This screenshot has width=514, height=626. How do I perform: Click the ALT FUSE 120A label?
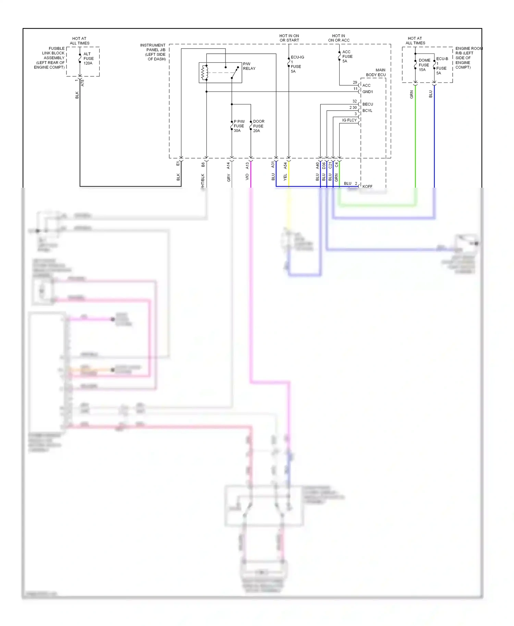(x=88, y=59)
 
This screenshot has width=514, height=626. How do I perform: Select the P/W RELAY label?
(x=249, y=66)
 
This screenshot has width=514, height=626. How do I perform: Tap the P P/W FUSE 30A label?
(x=239, y=126)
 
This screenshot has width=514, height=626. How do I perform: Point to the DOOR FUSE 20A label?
(x=258, y=126)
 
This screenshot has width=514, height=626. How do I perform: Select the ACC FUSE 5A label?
(x=347, y=57)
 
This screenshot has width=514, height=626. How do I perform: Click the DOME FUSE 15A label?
(x=424, y=65)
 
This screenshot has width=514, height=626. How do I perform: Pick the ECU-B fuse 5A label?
(x=441, y=66)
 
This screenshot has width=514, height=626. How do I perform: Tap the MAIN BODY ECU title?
(x=376, y=72)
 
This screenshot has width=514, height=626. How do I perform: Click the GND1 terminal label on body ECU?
(x=367, y=92)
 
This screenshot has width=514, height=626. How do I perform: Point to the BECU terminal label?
(x=368, y=104)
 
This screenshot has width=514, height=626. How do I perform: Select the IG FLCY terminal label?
(x=349, y=120)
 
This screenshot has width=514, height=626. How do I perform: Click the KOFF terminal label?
(x=367, y=186)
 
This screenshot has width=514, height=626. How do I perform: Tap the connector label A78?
(x=82, y=83)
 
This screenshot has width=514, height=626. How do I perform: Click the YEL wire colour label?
(x=285, y=177)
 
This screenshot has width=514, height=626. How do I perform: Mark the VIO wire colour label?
(x=247, y=177)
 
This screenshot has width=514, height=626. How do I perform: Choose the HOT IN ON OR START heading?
(x=289, y=38)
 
